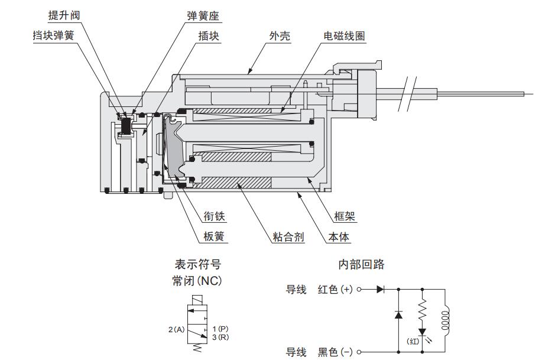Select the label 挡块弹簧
click(53, 35)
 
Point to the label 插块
click(209, 35)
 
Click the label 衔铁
click(215, 217)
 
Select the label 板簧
click(215, 237)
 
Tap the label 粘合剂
click(288, 237)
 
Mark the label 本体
click(339, 237)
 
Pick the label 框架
click(345, 217)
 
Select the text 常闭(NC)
click(197, 280)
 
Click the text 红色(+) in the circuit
click(335, 290)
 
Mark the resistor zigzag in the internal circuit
click(423, 309)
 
